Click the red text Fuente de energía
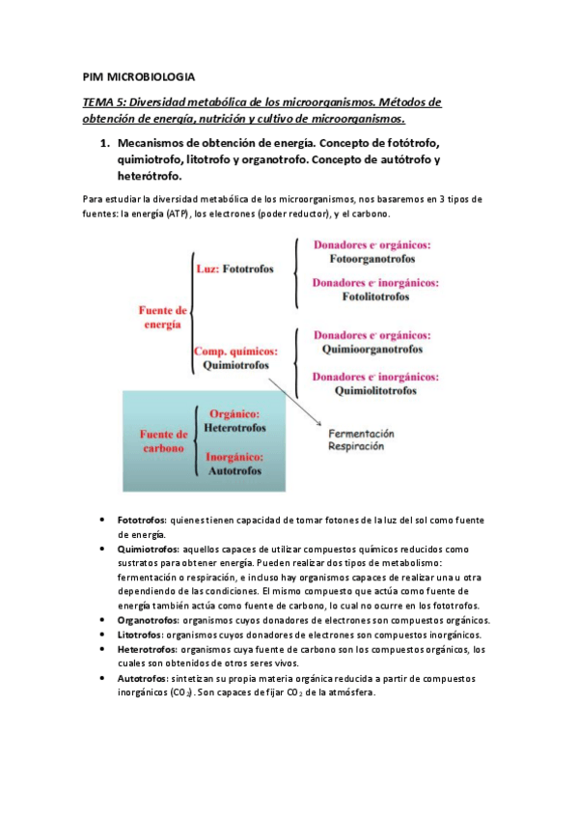tap(163, 318)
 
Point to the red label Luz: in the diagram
tap(207, 269)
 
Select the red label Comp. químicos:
tap(236, 353)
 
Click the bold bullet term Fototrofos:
tap(142, 521)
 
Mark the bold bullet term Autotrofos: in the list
tap(144, 678)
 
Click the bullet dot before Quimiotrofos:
tap(102, 548)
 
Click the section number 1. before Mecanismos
tap(106, 143)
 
